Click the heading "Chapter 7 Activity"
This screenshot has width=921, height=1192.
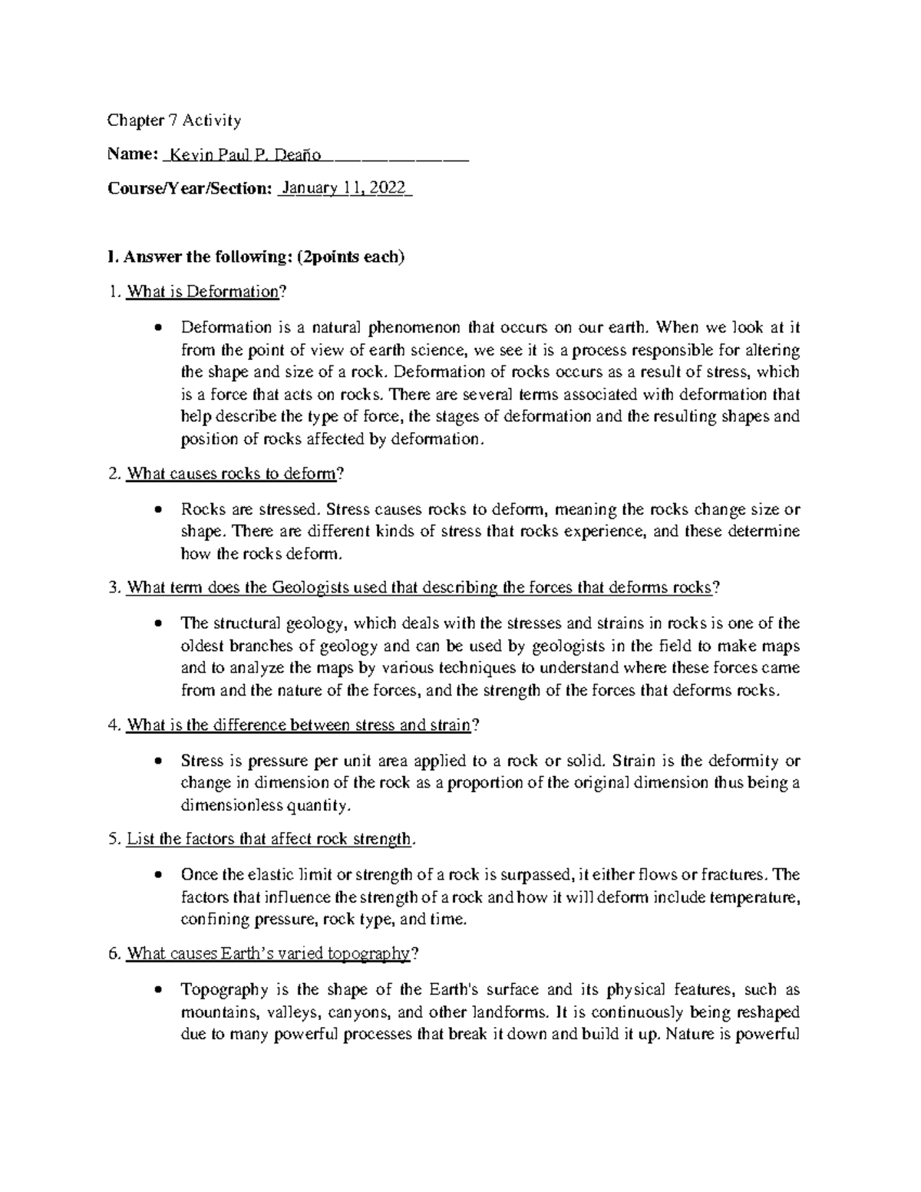174,121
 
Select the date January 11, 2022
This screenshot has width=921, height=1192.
345,189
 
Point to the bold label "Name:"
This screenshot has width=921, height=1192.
132,155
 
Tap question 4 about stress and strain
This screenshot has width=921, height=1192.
302,725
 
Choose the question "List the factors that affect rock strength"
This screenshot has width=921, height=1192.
269,839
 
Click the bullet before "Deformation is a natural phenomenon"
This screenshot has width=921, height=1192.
158,329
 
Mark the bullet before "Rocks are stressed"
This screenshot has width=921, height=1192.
158,510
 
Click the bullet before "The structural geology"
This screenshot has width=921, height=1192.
158,623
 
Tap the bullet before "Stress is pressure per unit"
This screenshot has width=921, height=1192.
158,761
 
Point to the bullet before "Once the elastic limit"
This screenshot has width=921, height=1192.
158,875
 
